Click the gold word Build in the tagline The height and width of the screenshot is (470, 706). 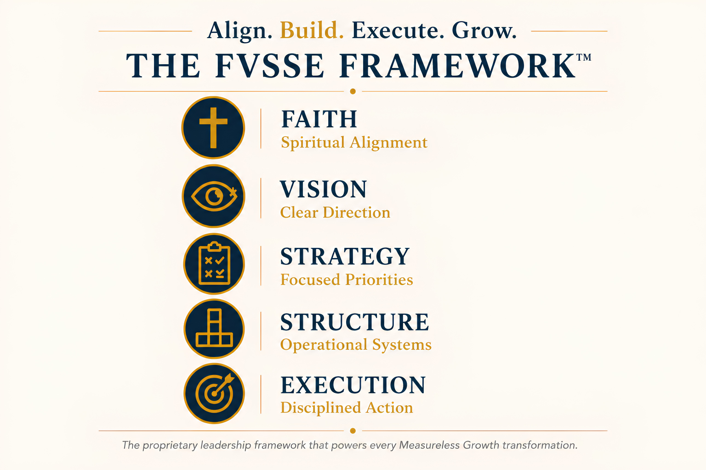[x=311, y=31]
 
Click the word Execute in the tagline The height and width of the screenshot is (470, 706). [x=398, y=31]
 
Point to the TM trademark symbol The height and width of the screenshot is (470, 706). [x=584, y=57]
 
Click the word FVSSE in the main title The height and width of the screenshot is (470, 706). [x=270, y=66]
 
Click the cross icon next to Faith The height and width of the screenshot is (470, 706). [x=213, y=128]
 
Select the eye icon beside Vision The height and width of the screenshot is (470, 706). [x=214, y=196]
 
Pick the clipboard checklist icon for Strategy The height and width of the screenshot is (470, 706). [x=214, y=264]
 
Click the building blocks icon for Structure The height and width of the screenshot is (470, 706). [x=214, y=329]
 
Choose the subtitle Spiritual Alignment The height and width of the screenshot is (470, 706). [x=354, y=143]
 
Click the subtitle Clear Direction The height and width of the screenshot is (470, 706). [x=335, y=213]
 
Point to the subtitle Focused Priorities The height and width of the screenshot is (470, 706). [x=347, y=280]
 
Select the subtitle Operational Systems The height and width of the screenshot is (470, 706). [x=356, y=345]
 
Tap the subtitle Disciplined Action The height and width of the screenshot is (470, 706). [x=347, y=408]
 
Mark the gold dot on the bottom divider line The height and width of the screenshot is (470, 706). [x=353, y=431]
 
